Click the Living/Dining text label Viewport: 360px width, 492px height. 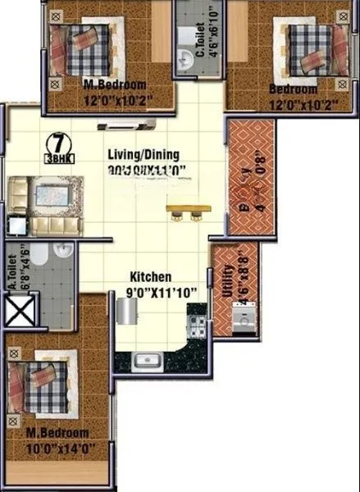(143, 154)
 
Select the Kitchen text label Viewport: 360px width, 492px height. (150, 277)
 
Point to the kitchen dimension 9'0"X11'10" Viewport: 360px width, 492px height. (150, 292)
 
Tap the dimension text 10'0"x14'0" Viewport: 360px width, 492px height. (57, 448)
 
